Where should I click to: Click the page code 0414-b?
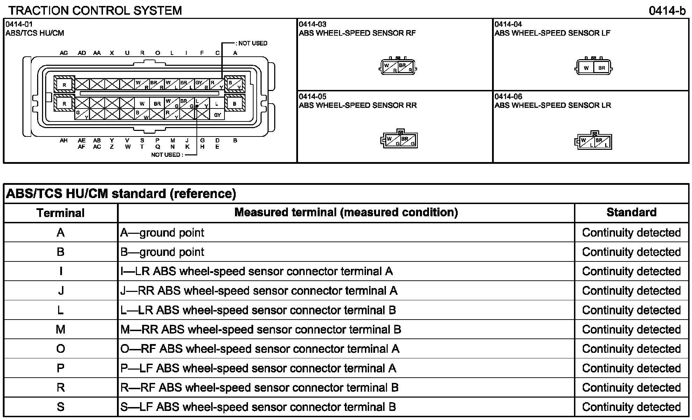click(x=667, y=11)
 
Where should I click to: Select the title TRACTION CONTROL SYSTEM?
click(x=95, y=11)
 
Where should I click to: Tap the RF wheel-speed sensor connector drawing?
click(x=398, y=66)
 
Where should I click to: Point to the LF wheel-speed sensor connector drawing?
click(x=594, y=66)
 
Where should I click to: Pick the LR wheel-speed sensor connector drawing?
click(x=594, y=141)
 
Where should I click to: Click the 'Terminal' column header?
click(x=61, y=213)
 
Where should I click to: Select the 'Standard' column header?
click(x=631, y=212)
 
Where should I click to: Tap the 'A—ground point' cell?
click(x=162, y=233)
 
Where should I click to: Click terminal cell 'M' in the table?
click(x=61, y=329)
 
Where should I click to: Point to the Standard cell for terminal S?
click(x=631, y=407)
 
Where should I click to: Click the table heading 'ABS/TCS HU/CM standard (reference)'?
click(x=121, y=194)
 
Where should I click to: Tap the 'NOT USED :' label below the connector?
click(x=167, y=155)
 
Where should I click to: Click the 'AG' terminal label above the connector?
click(x=64, y=53)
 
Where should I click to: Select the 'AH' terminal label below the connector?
click(x=63, y=141)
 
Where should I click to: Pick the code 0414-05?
click(x=312, y=97)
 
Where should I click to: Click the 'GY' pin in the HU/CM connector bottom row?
click(x=217, y=115)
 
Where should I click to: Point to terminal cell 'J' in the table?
click(x=61, y=291)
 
